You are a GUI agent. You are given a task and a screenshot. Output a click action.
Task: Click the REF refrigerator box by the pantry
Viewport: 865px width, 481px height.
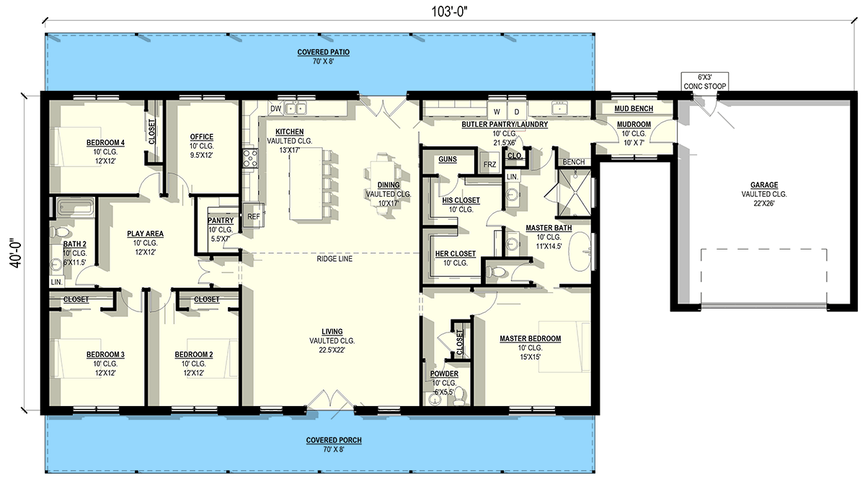click(x=253, y=216)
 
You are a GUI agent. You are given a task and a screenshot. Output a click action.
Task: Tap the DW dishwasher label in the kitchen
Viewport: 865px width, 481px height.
click(x=275, y=109)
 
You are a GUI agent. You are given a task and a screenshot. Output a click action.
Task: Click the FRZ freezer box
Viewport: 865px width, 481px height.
click(x=489, y=164)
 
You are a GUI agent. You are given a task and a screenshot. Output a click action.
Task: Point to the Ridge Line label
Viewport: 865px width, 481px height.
click(x=334, y=258)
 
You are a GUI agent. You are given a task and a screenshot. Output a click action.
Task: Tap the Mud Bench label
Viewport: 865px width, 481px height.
click(x=633, y=109)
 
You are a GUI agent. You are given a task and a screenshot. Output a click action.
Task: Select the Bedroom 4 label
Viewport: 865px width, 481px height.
click(x=105, y=143)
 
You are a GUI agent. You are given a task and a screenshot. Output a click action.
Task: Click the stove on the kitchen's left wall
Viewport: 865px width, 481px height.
click(x=250, y=159)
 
